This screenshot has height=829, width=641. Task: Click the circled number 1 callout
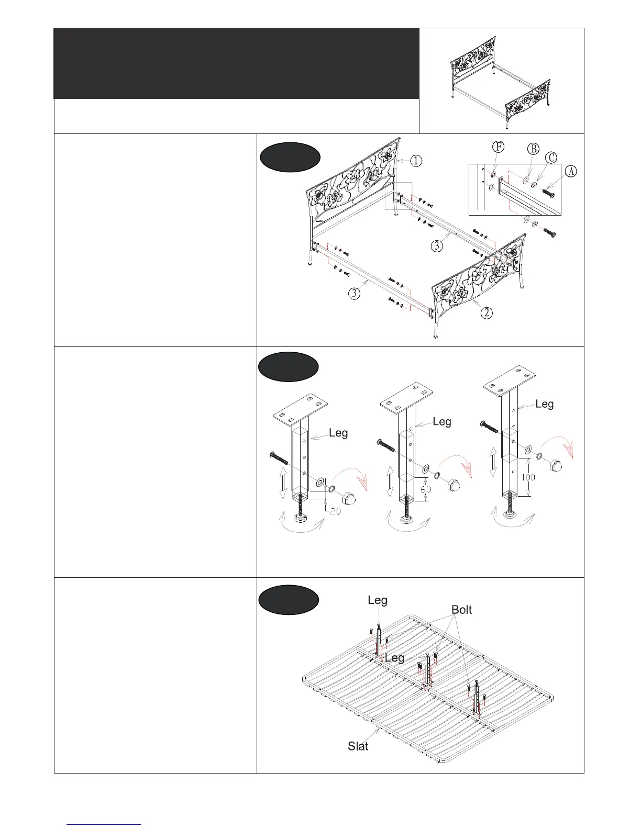pos(415,161)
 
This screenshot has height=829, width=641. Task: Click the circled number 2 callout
pos(487,313)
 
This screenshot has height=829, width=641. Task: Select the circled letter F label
pos(499,147)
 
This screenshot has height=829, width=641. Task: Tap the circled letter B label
pos(533,149)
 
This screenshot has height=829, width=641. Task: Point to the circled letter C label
pos(551,158)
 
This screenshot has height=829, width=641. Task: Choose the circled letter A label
pos(571,171)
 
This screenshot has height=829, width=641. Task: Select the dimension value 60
pos(426,489)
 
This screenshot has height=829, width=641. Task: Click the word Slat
pos(358,746)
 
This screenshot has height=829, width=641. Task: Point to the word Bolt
pos(461,610)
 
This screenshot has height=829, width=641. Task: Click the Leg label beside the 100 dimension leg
pos(545,404)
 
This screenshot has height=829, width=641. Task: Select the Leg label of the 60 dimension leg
pos(442,422)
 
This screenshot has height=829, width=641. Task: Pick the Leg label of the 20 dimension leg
pos(338,433)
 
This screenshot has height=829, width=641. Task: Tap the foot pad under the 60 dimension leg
pos(406,519)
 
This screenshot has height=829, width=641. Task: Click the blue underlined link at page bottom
pos(104,824)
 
